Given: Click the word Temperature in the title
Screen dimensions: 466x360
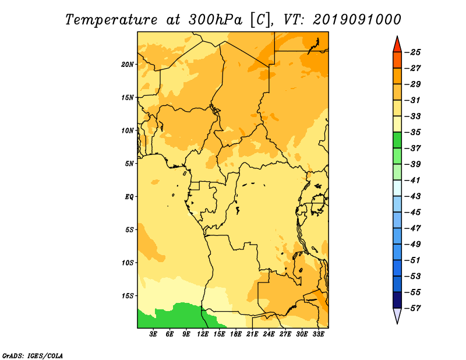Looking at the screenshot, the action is click(x=111, y=20).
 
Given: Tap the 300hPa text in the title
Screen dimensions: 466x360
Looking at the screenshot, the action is click(x=215, y=20).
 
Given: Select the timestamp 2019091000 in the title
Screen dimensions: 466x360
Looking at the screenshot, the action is click(x=357, y=20).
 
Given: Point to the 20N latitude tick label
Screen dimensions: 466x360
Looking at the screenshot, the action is click(x=128, y=65).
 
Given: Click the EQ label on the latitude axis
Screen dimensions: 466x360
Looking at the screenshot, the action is click(x=129, y=197).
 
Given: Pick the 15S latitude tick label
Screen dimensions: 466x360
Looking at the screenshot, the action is click(x=128, y=296).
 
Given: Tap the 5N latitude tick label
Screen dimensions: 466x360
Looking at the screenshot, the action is click(x=129, y=164).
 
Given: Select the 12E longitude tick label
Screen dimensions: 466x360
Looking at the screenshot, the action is click(x=203, y=334).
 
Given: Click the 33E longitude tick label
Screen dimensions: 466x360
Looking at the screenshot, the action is click(x=318, y=334).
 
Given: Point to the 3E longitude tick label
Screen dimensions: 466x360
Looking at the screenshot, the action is click(x=153, y=334).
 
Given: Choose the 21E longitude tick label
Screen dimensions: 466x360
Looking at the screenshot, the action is click(x=252, y=334).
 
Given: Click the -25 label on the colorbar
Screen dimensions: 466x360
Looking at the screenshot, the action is click(x=412, y=52).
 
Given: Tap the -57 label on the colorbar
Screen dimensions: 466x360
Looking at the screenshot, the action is click(x=412, y=308).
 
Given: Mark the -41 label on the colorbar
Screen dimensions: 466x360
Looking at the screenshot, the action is click(x=412, y=181).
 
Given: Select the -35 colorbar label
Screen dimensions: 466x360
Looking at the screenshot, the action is click(x=412, y=132).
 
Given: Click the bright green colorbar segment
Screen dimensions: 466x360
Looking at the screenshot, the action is click(x=397, y=140).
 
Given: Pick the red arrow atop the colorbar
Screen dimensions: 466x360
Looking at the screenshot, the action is click(x=397, y=44).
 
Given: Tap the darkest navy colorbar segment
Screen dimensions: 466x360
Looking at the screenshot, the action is click(x=397, y=300).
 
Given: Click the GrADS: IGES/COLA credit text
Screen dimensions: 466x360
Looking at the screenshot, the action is click(x=33, y=355).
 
